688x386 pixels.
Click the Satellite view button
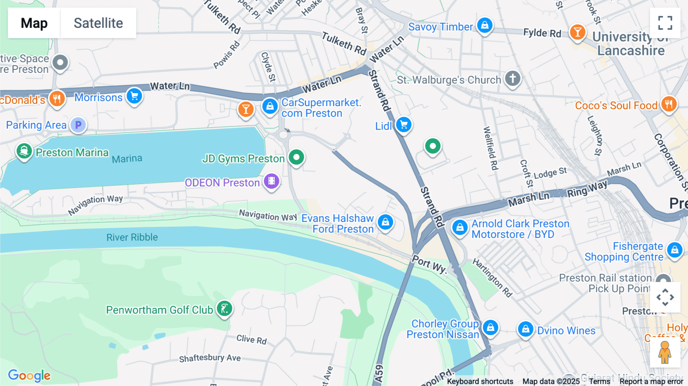tap(98, 23)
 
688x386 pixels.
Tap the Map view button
tap(34, 23)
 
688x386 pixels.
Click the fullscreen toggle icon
tap(665, 23)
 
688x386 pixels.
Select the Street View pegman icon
tap(665, 352)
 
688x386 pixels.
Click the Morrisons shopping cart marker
tap(135, 96)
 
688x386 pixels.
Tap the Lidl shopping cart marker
tap(404, 125)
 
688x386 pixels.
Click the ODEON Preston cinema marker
tap(272, 181)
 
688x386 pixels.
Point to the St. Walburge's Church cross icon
tap(513, 78)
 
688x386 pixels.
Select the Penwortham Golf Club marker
tap(225, 308)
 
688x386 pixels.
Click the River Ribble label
tap(132, 237)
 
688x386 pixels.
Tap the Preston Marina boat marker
tap(24, 151)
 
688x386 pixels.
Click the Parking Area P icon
tap(78, 125)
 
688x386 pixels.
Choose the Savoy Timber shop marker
tap(485, 26)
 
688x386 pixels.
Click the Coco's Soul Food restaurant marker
tap(669, 104)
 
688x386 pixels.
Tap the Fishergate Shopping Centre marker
tap(675, 250)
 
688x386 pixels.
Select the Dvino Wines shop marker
tap(526, 329)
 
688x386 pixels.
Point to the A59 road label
tap(378, 374)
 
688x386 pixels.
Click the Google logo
tap(29, 376)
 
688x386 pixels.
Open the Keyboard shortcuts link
tap(480, 381)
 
